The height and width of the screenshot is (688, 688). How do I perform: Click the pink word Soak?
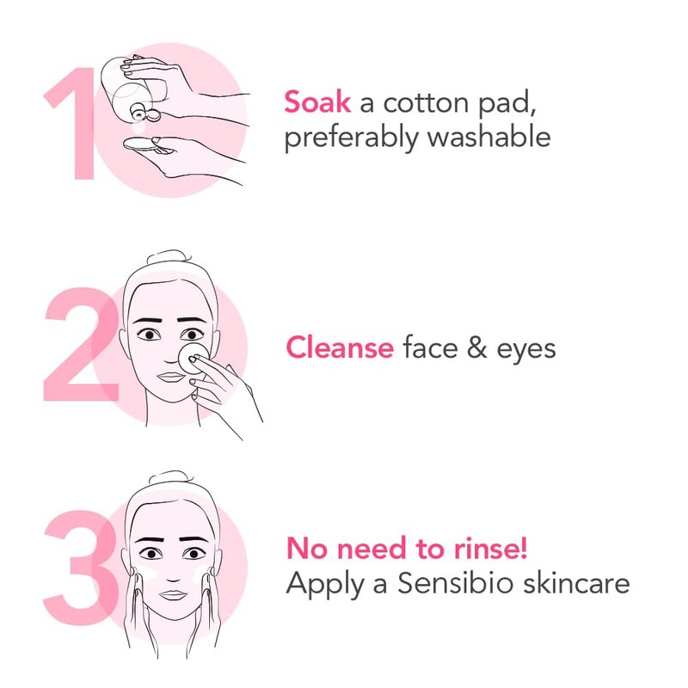(317, 102)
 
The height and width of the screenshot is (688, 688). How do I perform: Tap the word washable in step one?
(488, 137)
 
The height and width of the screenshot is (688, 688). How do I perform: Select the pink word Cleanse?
(340, 347)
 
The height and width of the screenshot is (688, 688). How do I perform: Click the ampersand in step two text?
(477, 348)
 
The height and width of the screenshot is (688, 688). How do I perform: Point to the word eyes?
(526, 351)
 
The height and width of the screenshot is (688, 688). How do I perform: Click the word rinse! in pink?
(490, 548)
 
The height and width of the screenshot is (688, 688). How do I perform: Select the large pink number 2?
(81, 344)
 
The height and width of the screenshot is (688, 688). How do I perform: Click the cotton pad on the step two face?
(193, 359)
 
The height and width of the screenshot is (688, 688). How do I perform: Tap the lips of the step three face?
(174, 595)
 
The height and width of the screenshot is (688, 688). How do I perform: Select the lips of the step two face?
(170, 377)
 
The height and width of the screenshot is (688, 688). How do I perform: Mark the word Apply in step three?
(325, 585)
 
